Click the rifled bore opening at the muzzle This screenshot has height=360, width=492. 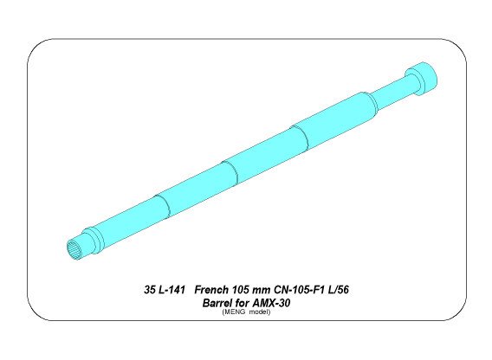76,251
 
